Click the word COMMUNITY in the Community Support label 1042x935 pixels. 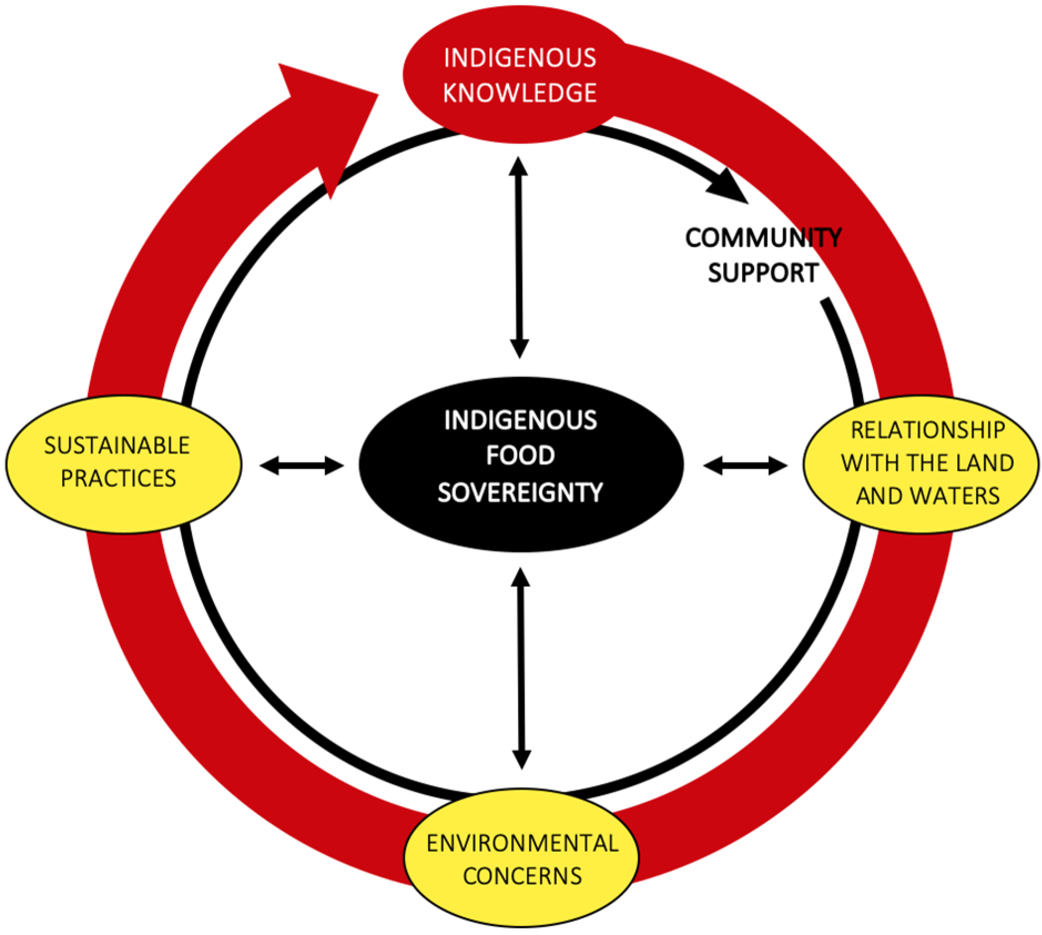(763, 238)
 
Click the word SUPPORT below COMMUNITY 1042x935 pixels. (763, 273)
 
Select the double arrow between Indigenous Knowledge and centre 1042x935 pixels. (519, 258)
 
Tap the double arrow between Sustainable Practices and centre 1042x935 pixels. (302, 466)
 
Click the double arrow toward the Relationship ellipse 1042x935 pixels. (745, 466)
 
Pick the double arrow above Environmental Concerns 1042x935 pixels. (521, 668)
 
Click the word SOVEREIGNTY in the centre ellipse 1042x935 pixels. (520, 492)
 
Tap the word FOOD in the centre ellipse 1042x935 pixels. (520, 456)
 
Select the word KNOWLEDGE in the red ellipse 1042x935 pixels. (520, 93)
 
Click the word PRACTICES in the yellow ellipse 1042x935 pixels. (118, 478)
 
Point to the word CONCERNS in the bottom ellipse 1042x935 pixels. (522, 876)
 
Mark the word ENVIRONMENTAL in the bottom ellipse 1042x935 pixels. (522, 843)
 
